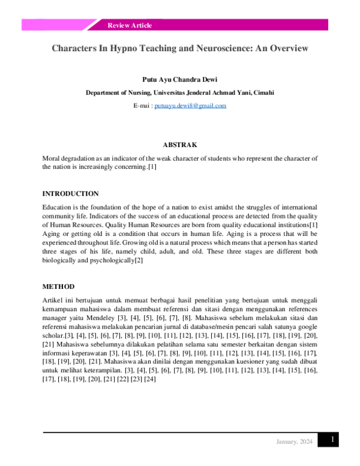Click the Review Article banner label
click(x=130, y=25)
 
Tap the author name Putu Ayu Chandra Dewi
click(x=180, y=79)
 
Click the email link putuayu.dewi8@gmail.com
click(x=190, y=106)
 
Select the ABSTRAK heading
click(x=180, y=145)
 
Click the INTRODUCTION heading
click(x=70, y=193)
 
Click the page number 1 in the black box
click(x=332, y=441)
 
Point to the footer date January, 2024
click(x=294, y=442)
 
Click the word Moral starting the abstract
click(x=52, y=158)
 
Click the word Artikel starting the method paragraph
click(x=52, y=299)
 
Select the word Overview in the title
click(x=286, y=47)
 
